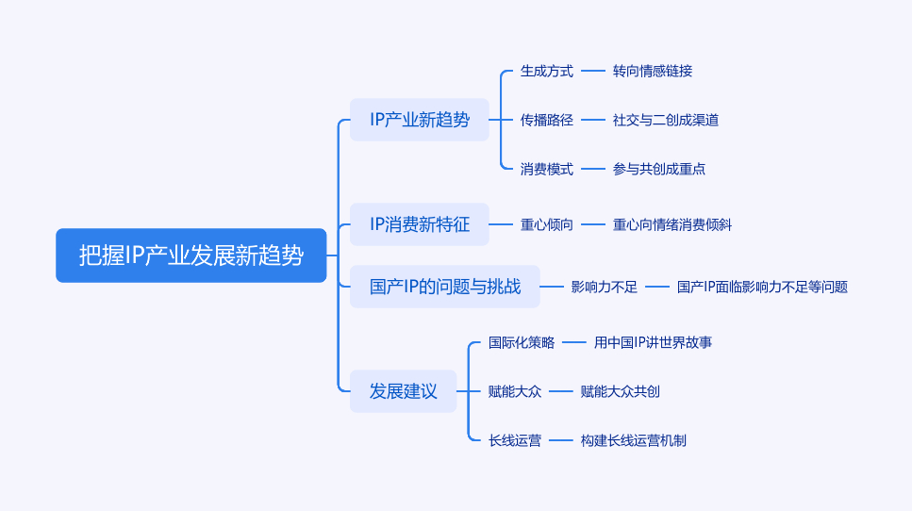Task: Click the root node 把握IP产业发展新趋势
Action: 191,255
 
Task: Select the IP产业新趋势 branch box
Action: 420,120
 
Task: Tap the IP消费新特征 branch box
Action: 420,224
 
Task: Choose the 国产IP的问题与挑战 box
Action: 445,287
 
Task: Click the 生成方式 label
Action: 547,71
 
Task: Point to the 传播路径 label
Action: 547,120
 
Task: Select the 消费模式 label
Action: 547,169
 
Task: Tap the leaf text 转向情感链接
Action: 653,71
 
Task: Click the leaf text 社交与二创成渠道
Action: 666,120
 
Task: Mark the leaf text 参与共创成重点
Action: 659,169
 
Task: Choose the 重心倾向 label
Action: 547,224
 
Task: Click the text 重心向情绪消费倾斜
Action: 672,224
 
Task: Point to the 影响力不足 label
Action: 605,287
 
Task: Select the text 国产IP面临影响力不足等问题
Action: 762,287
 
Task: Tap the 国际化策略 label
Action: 522,342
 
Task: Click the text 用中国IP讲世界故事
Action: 653,342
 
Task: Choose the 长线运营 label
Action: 515,440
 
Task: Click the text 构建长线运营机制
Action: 634,440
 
